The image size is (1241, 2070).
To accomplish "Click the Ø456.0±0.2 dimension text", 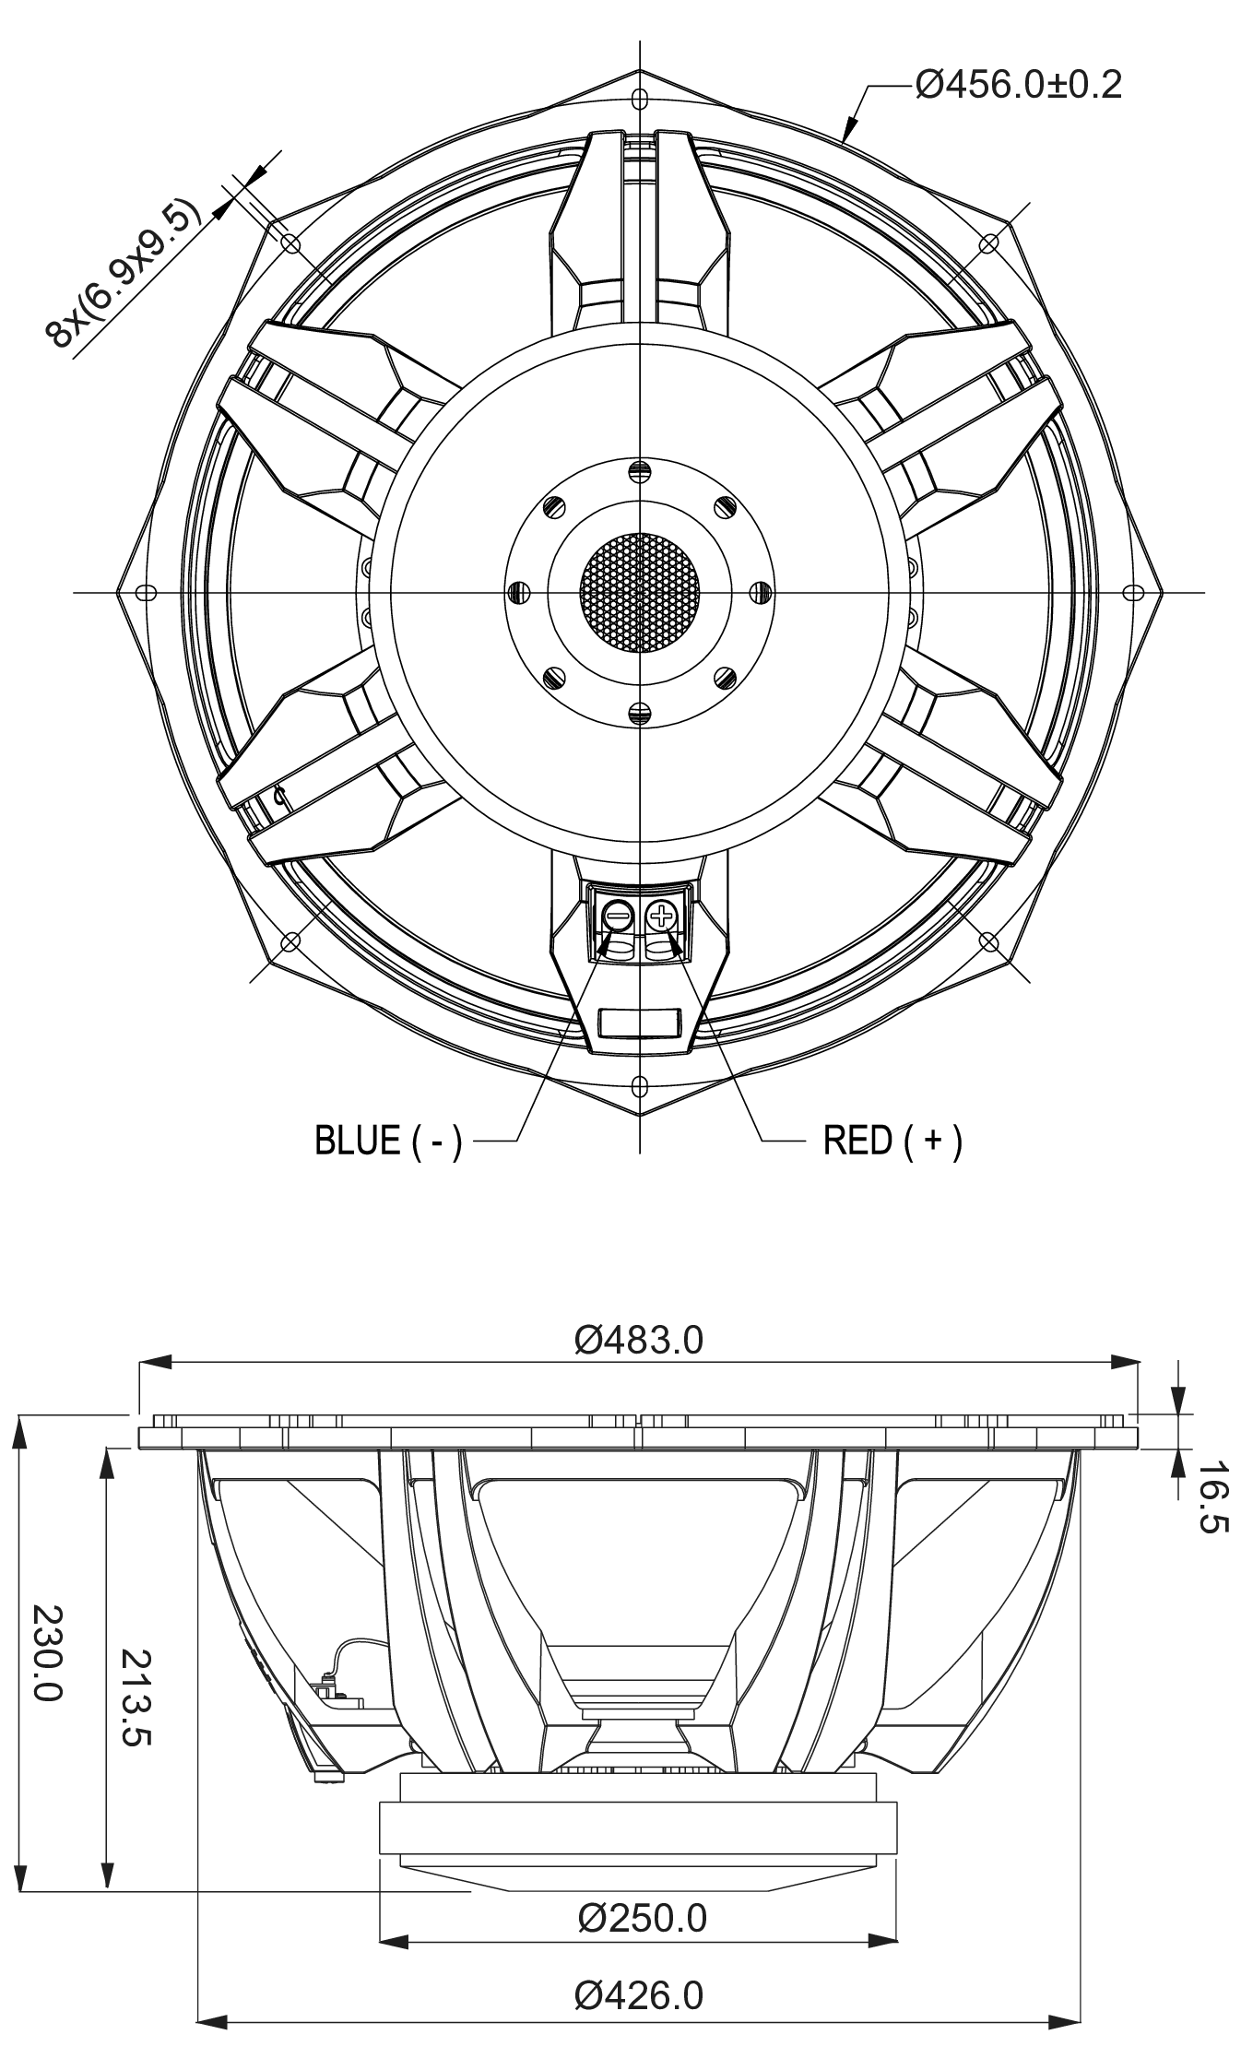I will pos(1018,86).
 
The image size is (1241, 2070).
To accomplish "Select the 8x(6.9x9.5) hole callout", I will pos(123,274).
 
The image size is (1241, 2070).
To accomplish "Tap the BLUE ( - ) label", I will pos(388,1141).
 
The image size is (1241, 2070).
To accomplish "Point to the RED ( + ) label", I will pos(892,1141).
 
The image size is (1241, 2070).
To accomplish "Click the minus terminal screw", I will pos(618,917).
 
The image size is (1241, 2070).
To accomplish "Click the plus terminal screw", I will pos(661,917).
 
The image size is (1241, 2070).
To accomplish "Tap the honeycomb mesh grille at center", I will pos(640,592).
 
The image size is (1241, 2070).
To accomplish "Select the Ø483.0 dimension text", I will pos(638,1340).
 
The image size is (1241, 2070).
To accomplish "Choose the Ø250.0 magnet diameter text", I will pos(642,1918).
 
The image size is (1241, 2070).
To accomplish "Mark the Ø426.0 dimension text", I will pos(638,1996).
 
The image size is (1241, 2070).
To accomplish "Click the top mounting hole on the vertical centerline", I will pos(640,98).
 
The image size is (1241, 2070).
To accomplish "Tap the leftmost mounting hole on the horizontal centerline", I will pos(145,592).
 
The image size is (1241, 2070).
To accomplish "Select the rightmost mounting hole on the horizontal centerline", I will pos(1133,592).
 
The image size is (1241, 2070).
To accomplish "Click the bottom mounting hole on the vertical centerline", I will pos(640,1085).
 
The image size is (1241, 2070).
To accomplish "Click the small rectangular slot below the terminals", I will pos(640,1023).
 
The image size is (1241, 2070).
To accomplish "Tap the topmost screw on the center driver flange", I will pos(640,470).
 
